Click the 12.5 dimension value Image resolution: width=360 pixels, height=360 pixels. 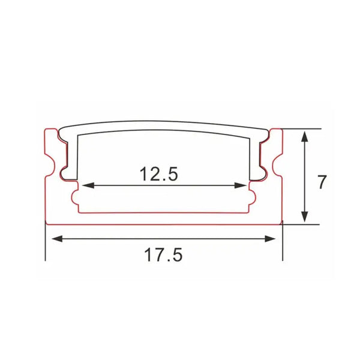point(159,174)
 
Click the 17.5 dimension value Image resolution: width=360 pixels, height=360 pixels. point(163,255)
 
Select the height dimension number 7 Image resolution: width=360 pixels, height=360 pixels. point(322,181)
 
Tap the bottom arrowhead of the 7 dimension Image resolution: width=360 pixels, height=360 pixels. point(305,217)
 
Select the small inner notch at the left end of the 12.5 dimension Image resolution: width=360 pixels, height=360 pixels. point(75,197)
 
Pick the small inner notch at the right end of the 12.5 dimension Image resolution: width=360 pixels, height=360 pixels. point(253,197)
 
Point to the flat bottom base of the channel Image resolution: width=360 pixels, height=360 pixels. point(164,218)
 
